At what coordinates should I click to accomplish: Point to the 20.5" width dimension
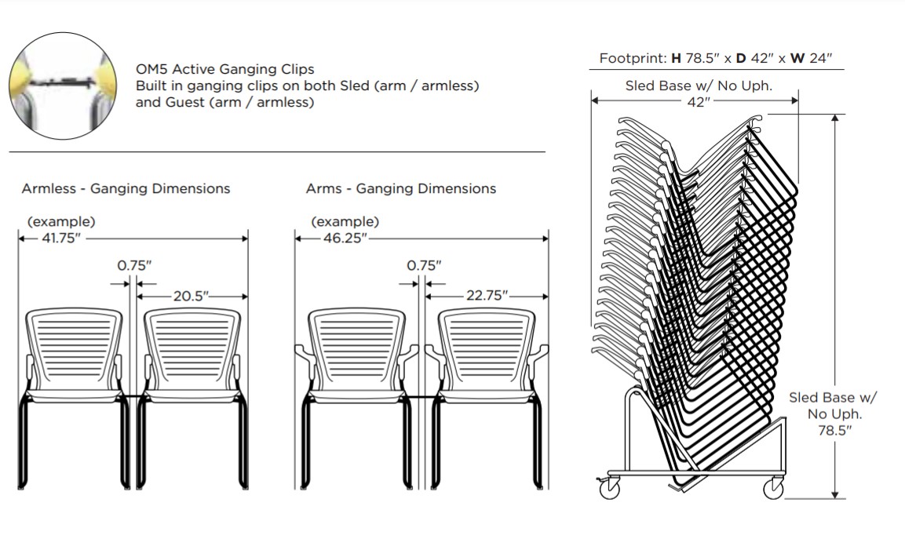click(192, 296)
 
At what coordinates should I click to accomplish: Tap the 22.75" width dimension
click(487, 296)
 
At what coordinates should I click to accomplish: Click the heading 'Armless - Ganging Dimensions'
click(126, 188)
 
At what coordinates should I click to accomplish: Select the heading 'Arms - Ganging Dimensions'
click(400, 188)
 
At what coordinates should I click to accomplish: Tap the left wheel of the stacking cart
click(610, 488)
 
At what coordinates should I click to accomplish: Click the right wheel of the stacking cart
click(773, 489)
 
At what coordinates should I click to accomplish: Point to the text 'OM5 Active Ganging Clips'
click(224, 70)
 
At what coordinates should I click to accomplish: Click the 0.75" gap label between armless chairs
click(134, 265)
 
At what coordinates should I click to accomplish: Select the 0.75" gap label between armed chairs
click(424, 265)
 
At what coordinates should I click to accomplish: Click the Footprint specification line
click(715, 58)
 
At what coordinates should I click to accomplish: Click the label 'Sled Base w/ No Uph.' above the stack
click(699, 86)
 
